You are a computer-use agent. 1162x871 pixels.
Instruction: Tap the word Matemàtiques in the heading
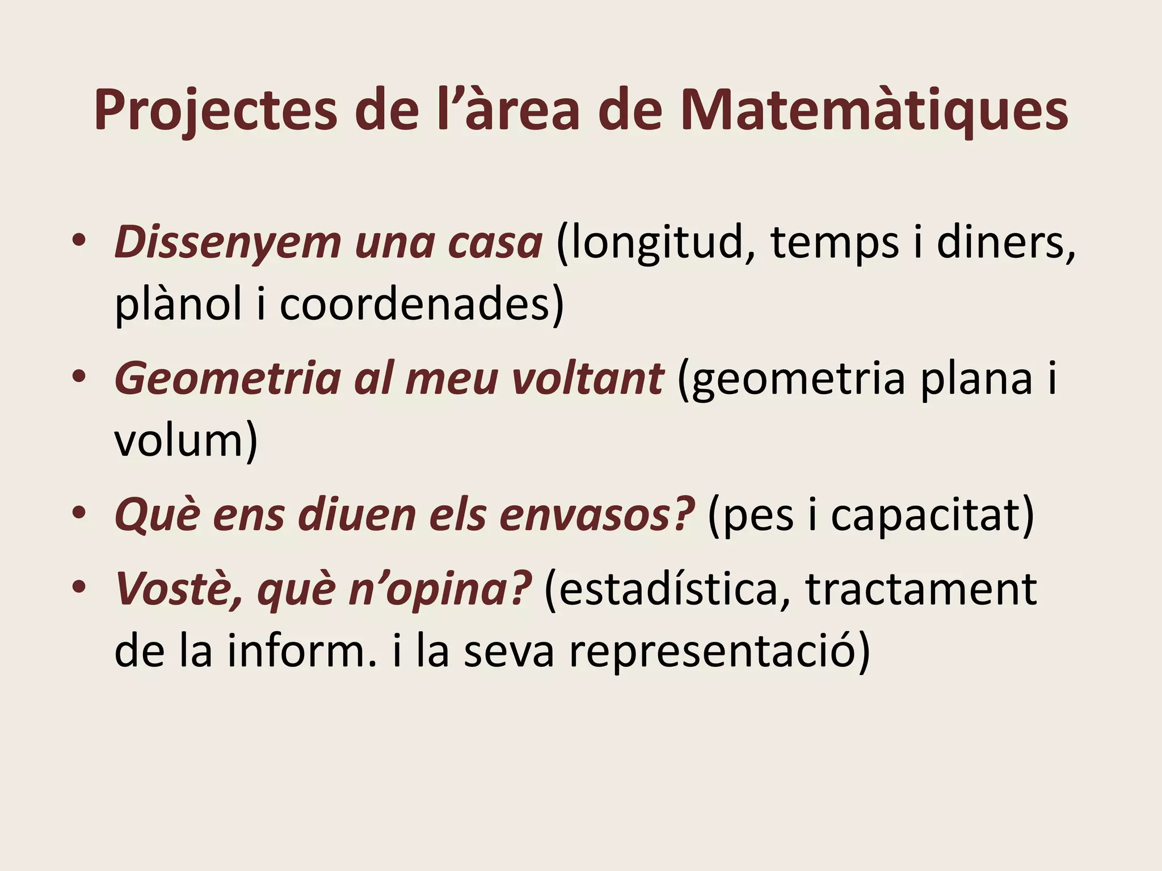pyautogui.click(x=874, y=111)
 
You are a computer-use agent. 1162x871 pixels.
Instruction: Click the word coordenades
pyautogui.click(x=415, y=304)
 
